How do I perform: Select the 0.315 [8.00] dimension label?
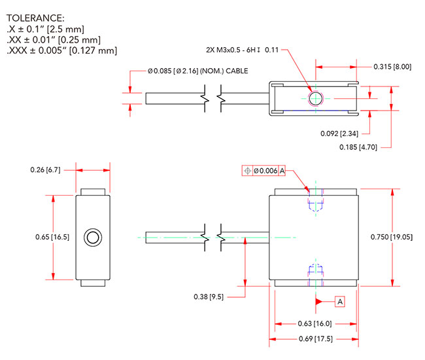click(x=392, y=66)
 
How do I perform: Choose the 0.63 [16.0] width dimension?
click(x=314, y=323)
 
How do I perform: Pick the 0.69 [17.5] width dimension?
click(x=314, y=339)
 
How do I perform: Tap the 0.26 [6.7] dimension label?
click(x=45, y=170)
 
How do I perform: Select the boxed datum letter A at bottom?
click(x=339, y=301)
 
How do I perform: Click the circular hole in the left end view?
click(x=93, y=237)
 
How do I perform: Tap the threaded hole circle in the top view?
click(x=315, y=99)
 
